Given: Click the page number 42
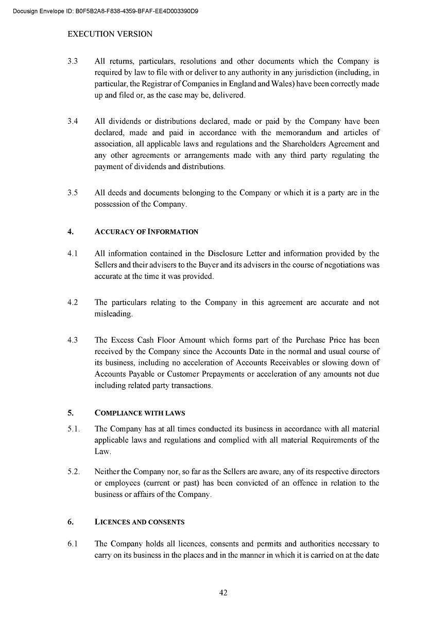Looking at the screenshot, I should click(x=223, y=593).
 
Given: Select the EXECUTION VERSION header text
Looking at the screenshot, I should click(x=110, y=34).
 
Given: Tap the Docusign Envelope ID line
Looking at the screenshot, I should click(x=106, y=11).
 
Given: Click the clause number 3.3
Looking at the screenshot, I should click(x=73, y=61).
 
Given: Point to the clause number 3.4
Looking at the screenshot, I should click(x=73, y=122).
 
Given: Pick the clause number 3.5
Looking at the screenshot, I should click(x=73, y=193).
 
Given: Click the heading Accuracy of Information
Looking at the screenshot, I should click(x=146, y=232).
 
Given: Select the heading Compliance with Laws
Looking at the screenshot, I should click(x=140, y=413).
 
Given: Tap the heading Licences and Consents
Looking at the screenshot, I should click(x=139, y=522).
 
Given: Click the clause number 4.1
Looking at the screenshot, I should click(x=73, y=254).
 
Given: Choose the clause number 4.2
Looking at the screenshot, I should click(x=73, y=303).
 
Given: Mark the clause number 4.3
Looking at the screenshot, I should click(x=73, y=340).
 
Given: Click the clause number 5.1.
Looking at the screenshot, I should click(x=73, y=429).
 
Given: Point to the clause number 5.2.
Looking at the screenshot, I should click(x=73, y=472).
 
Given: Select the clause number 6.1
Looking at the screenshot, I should click(x=73, y=544).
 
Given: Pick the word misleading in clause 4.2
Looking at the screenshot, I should click(x=113, y=314).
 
